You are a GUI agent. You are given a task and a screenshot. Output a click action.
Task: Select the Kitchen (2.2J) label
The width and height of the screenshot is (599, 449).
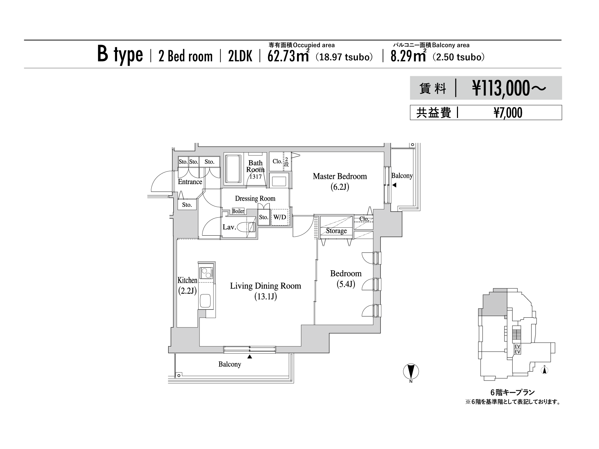pyautogui.click(x=187, y=285)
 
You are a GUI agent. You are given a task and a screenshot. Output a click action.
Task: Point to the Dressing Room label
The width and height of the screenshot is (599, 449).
pyautogui.click(x=255, y=198)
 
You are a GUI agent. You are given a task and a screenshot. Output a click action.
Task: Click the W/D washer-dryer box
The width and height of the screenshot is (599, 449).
pyautogui.click(x=280, y=217)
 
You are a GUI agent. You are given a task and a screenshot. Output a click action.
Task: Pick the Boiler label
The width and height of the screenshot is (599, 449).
pyautogui.click(x=238, y=211)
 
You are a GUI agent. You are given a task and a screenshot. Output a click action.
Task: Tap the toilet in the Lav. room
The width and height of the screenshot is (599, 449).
pyautogui.click(x=250, y=227)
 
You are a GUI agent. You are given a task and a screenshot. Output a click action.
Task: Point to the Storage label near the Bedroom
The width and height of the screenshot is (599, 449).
pyautogui.click(x=336, y=231)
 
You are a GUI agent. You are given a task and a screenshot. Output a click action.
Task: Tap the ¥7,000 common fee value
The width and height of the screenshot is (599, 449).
pyautogui.click(x=508, y=113)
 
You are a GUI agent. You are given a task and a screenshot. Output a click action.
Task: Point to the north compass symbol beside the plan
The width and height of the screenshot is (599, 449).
pyautogui.click(x=411, y=372)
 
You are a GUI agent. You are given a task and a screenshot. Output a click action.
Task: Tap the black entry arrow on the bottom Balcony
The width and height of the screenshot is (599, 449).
pyautogui.click(x=250, y=357)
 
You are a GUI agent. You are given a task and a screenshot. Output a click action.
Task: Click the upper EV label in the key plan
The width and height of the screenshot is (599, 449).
pyautogui.click(x=517, y=346)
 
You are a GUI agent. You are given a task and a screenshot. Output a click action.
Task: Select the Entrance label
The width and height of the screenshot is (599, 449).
pyautogui.click(x=190, y=182)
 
